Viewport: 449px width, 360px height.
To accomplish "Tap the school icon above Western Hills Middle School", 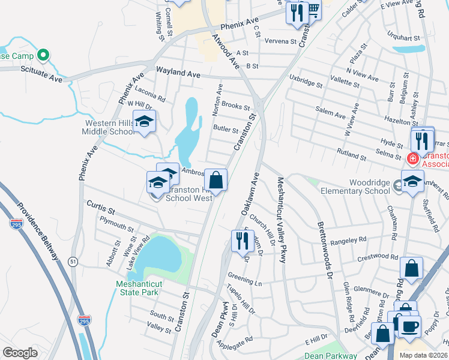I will coord(144,122).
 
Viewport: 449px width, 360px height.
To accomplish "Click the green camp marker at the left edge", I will coord(43,56).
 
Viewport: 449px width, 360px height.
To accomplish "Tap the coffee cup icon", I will coord(411,326).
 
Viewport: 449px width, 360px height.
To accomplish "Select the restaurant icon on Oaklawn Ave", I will coord(242,241).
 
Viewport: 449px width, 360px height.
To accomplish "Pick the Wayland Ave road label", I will coord(178,73).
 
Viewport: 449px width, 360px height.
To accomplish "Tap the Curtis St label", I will coord(100,209).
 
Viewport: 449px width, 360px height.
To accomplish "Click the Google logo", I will coord(20,353).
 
